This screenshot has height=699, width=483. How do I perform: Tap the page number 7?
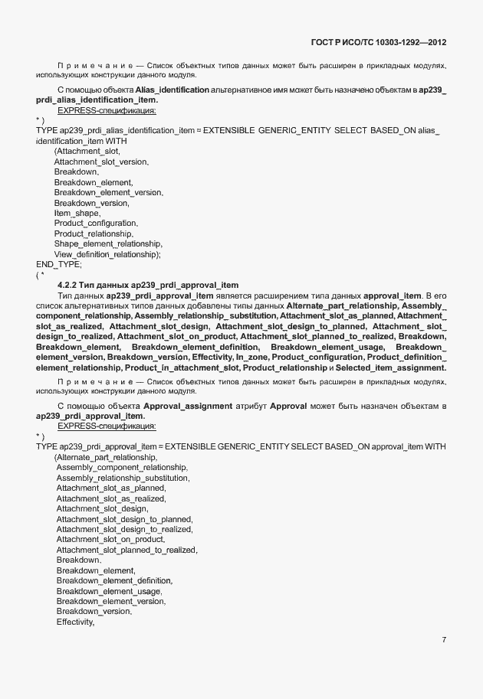[x=445, y=639]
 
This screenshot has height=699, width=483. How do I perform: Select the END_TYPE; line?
[x=58, y=264]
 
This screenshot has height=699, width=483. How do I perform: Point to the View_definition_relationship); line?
[x=107, y=253]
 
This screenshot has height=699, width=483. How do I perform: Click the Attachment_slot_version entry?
[x=101, y=162]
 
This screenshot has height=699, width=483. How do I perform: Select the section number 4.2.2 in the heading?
[x=70, y=285]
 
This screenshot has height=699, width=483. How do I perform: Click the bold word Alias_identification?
[x=172, y=90]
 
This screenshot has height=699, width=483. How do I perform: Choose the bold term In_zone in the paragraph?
[x=251, y=358]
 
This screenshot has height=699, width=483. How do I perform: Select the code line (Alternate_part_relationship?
[x=105, y=457]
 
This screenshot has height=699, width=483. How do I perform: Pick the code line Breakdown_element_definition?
[x=114, y=580]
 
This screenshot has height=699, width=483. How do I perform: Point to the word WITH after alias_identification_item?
[x=117, y=142]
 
